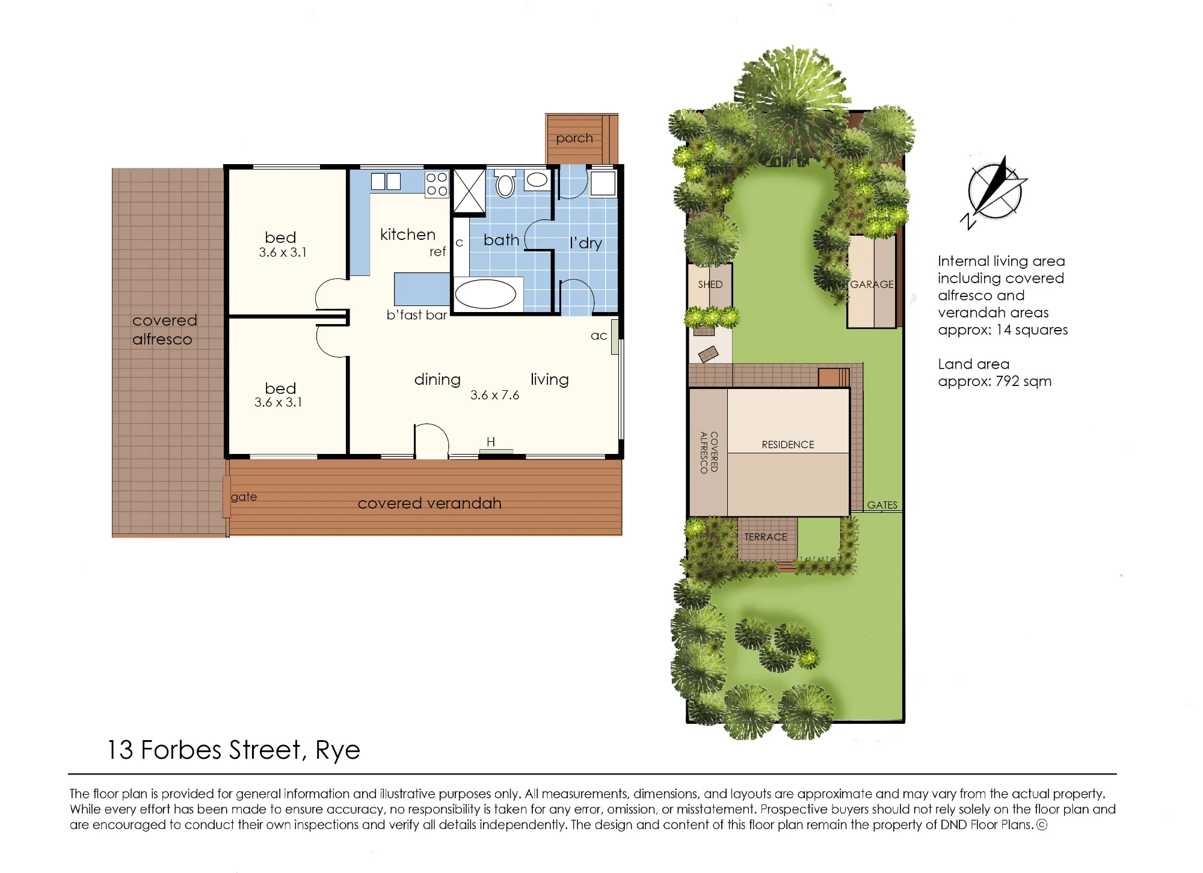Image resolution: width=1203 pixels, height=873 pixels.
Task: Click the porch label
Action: point(574,138)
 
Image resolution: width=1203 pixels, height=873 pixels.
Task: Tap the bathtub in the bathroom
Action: point(485,295)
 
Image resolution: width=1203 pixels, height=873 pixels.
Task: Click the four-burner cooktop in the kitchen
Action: point(437,184)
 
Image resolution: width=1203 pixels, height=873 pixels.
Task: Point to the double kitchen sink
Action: point(386,181)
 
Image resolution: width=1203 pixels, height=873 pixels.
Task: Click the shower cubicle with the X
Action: point(469,191)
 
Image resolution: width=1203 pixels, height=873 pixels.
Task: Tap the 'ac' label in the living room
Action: point(598,336)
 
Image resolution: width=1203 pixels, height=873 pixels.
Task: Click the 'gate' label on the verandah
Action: point(244,497)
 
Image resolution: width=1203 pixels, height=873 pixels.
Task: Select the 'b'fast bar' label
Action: point(417,315)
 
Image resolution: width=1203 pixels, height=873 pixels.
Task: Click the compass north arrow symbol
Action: point(995,191)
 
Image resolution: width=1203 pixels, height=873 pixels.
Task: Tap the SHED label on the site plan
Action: point(710,284)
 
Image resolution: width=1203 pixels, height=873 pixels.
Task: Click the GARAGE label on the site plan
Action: point(872,284)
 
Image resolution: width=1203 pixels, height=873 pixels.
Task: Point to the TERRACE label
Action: point(766,537)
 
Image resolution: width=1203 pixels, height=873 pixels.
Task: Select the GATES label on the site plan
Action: point(882,505)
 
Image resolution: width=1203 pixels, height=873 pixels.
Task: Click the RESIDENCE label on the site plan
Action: point(788,445)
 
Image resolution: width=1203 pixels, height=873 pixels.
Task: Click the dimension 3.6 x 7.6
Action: point(494,395)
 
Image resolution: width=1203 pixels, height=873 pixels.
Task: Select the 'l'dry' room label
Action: point(586,243)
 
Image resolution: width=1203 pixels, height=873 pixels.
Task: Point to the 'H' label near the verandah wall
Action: point(491,442)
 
